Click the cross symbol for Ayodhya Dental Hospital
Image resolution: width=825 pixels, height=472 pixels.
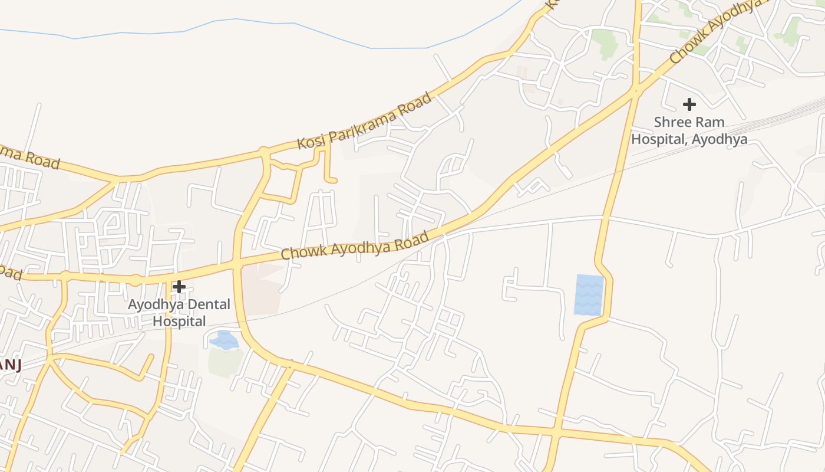coord(179,287)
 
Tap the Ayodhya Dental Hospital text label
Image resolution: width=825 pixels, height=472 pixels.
coord(179,313)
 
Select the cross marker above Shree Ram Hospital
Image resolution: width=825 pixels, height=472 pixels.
coord(689,105)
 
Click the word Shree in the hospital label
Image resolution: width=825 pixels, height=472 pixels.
coord(673,123)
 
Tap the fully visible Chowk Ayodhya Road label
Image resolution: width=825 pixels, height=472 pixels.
coord(354,246)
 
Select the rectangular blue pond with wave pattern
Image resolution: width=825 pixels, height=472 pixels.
coord(589,294)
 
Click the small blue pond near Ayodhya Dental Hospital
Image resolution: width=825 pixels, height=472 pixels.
coord(224,340)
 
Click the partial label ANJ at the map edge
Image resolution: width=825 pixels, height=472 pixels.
coord(10,366)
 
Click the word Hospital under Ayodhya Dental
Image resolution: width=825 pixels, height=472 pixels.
coord(179,322)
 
